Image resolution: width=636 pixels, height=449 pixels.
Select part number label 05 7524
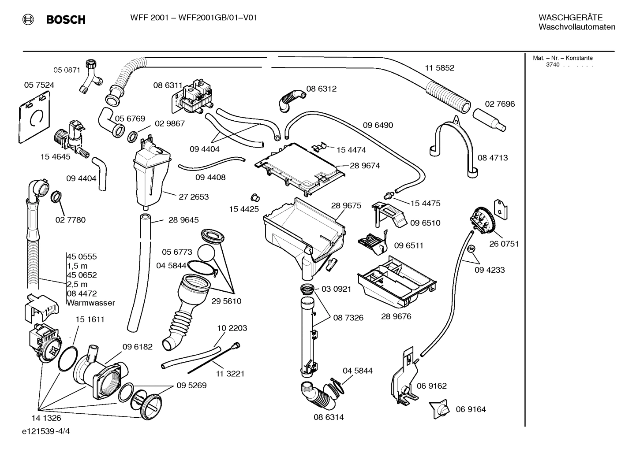[x=39, y=85]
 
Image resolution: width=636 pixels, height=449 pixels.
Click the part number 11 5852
[x=439, y=68]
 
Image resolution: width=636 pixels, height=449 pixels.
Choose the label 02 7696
[x=500, y=104]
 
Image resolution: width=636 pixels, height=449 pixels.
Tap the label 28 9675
[x=346, y=205]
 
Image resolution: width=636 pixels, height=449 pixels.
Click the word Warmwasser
[x=91, y=303]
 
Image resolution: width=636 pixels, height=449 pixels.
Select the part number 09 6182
[x=137, y=347]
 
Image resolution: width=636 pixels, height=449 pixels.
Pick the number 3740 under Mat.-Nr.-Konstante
[x=552, y=65]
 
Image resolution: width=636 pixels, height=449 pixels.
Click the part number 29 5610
[x=226, y=301]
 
